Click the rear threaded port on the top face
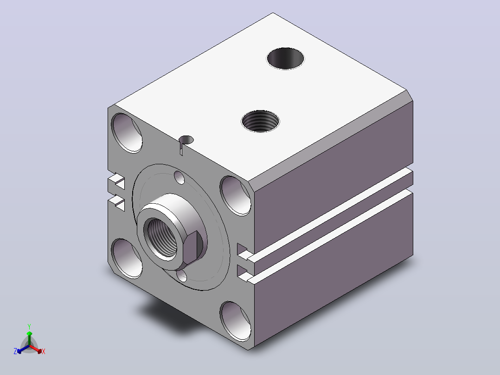(285, 58)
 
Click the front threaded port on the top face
(260, 121)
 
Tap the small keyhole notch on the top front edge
(186, 142)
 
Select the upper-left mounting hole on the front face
(127, 133)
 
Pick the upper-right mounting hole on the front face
(235, 196)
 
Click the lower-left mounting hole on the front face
(127, 259)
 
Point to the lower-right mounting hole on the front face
(235, 321)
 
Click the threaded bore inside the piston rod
(161, 237)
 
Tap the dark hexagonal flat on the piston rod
(192, 248)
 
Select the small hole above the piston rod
(179, 177)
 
